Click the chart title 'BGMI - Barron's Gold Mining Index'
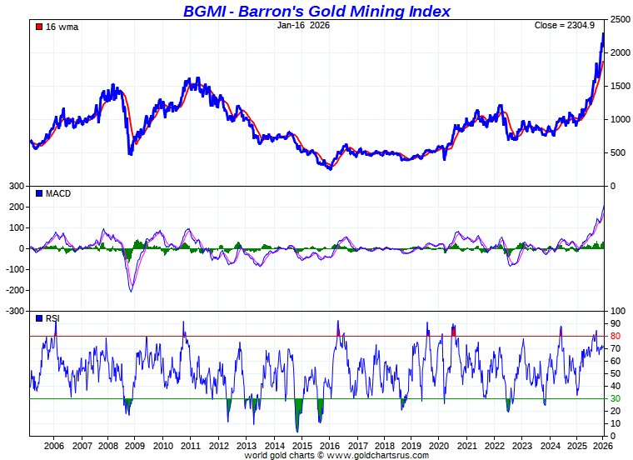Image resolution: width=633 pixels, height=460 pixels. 316,11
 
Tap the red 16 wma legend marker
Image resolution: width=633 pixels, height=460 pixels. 38,27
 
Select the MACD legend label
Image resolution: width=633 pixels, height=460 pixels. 57,193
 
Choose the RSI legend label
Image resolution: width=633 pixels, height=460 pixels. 52,318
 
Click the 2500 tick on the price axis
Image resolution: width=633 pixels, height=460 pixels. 619,19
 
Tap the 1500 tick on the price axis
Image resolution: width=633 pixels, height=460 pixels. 619,86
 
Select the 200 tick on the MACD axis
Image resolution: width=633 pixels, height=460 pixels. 16,207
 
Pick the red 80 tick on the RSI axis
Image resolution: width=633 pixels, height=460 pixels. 615,336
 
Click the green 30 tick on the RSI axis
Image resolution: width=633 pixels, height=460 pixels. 615,398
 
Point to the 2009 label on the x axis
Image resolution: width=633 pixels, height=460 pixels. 136,446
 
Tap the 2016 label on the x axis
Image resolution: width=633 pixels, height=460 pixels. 329,446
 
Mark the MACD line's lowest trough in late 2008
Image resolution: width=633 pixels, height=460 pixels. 132,291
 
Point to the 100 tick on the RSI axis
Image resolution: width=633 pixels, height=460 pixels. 617,311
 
